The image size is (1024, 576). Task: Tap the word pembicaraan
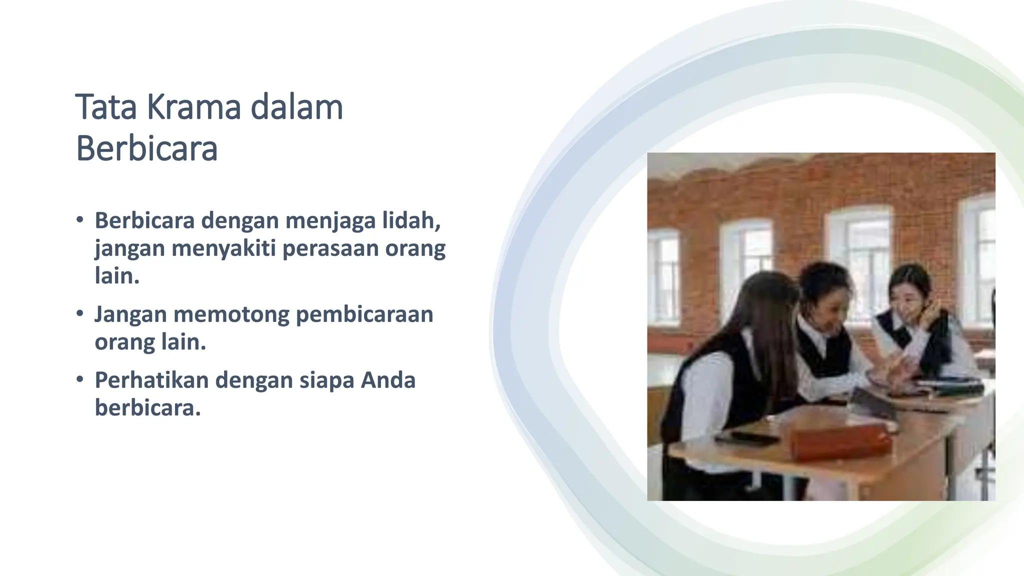[x=364, y=314]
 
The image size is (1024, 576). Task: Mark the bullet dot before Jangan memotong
[x=80, y=314]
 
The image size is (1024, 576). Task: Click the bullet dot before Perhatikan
[x=80, y=379]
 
